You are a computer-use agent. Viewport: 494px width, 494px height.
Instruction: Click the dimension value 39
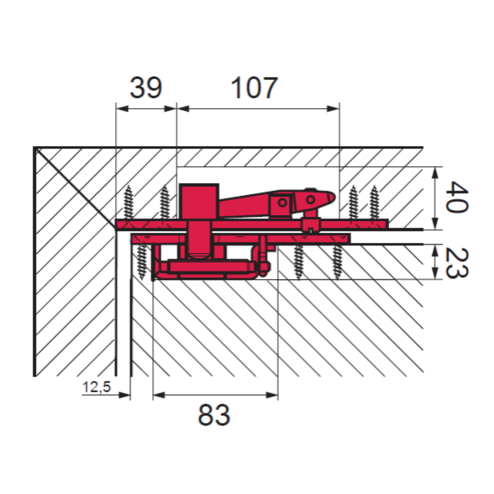coord(146,87)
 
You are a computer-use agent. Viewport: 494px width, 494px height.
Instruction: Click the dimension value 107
coord(254,87)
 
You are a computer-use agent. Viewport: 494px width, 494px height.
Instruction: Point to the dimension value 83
coord(214,415)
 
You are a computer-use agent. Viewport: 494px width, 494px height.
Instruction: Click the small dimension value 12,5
coord(97,387)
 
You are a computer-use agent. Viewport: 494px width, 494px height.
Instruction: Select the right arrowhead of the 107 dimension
coord(333,109)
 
